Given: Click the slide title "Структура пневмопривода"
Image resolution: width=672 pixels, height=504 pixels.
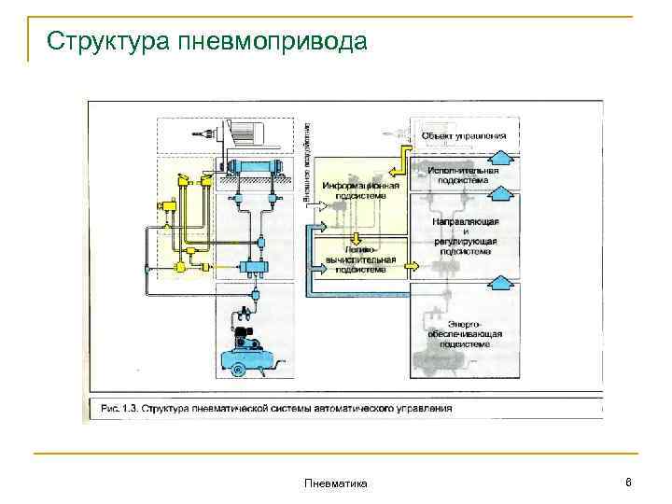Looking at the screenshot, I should pyautogui.click(x=207, y=42).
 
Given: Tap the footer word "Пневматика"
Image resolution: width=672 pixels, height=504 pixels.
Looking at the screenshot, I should pyautogui.click(x=336, y=483).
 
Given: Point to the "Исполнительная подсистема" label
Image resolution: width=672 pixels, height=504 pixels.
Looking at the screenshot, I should pyautogui.click(x=464, y=175).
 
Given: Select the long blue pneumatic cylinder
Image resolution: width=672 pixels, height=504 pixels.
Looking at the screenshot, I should pyautogui.click(x=254, y=169).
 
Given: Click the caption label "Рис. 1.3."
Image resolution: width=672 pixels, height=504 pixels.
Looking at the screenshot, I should pyautogui.click(x=116, y=408).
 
